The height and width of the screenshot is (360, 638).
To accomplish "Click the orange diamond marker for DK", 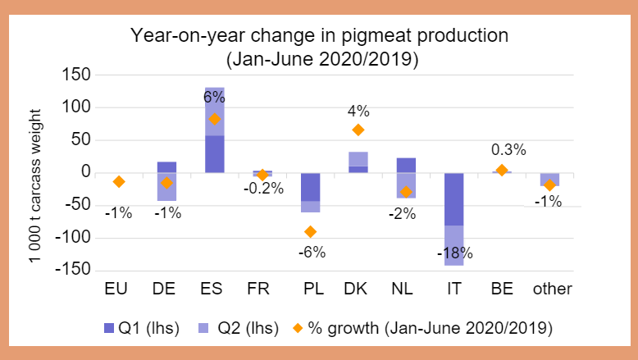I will coord(358,130).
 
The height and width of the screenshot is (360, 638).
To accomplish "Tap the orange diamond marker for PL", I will coord(310,231).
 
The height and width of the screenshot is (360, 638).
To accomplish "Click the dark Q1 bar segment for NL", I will coord(405,165).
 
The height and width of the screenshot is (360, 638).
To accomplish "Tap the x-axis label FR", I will coord(262,289).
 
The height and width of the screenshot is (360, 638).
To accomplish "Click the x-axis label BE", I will coord(502,289).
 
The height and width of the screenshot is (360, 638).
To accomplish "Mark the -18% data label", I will coord(453,253).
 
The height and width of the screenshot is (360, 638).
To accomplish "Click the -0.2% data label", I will coord(262,189).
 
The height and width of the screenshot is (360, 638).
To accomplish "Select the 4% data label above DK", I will coord(358,110).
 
